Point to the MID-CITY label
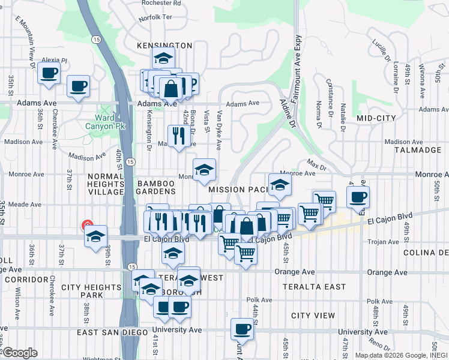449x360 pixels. tap(376, 118)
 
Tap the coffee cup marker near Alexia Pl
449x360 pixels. tap(48, 74)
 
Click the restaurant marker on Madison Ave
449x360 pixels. tap(178, 136)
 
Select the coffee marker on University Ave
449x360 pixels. tap(243, 328)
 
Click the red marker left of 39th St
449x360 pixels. tap(87, 226)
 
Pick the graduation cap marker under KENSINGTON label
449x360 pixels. tap(162, 59)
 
